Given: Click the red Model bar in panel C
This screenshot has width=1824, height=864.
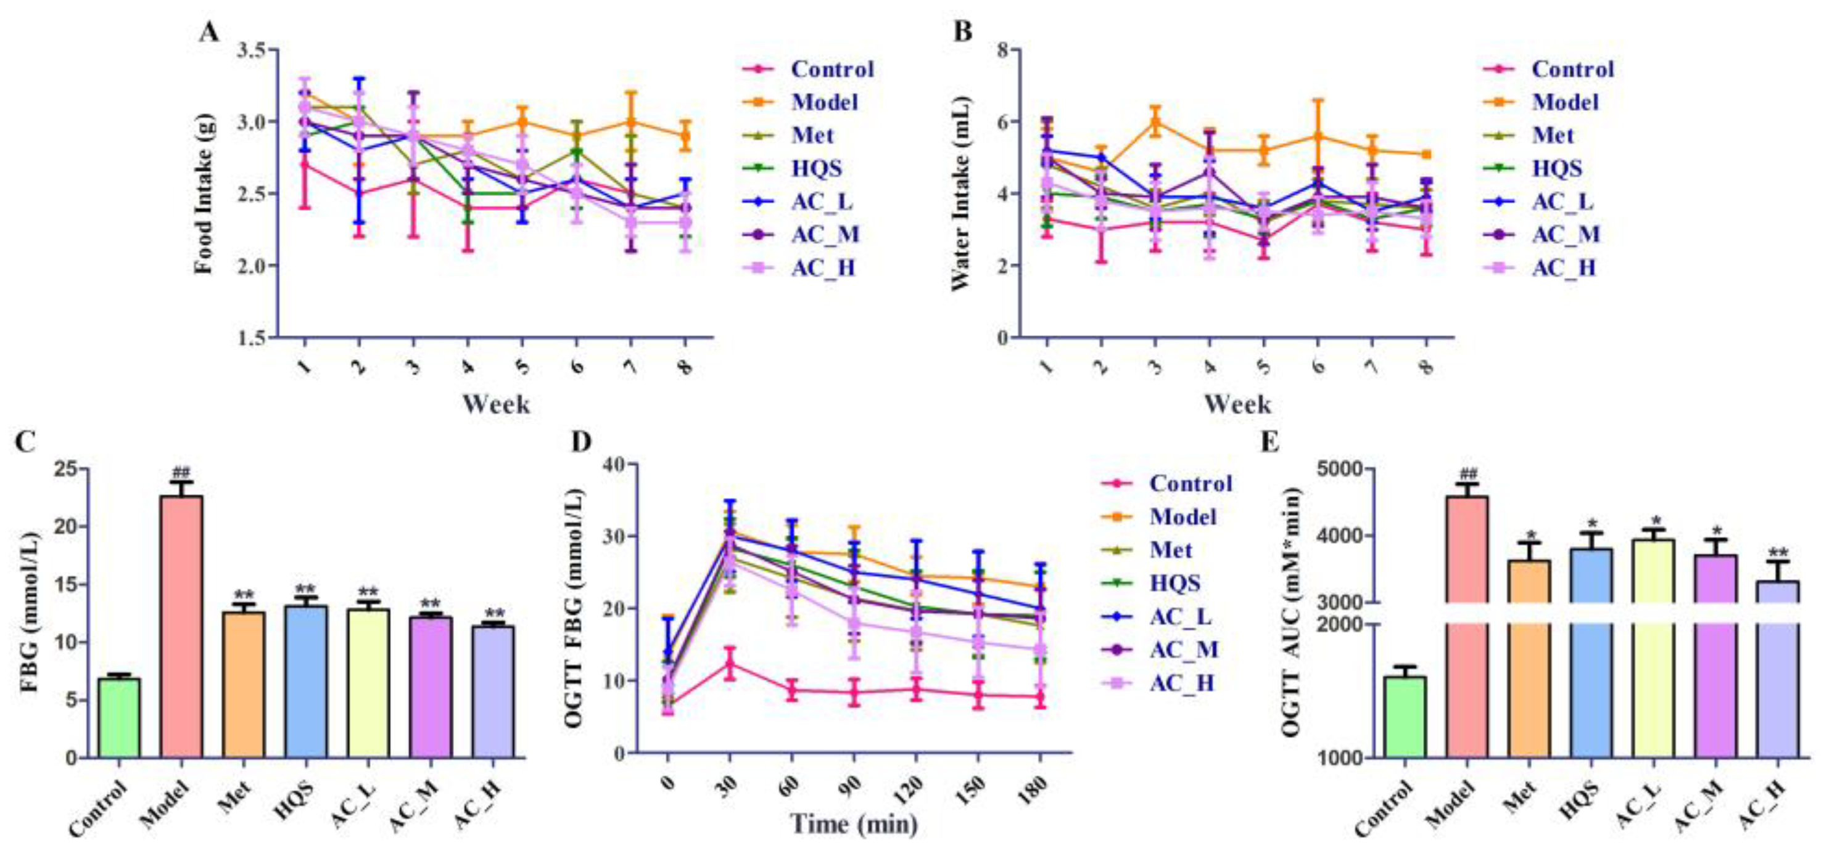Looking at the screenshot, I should click(181, 626).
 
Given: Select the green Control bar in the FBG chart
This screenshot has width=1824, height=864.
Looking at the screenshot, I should click(119, 717).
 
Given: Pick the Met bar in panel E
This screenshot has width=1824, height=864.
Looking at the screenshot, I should click(1529, 658).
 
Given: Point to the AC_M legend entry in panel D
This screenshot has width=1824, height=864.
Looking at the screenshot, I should click(1182, 650).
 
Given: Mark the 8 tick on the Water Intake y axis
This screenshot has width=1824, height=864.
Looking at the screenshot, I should click(1004, 49).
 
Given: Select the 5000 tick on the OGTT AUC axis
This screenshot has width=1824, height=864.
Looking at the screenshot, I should click(1340, 468).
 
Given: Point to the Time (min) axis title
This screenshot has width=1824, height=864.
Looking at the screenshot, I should click(853, 825).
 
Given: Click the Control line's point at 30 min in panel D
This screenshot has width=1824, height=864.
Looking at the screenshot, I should click(729, 664).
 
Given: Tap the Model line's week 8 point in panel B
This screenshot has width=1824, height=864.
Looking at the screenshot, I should click(1427, 154).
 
